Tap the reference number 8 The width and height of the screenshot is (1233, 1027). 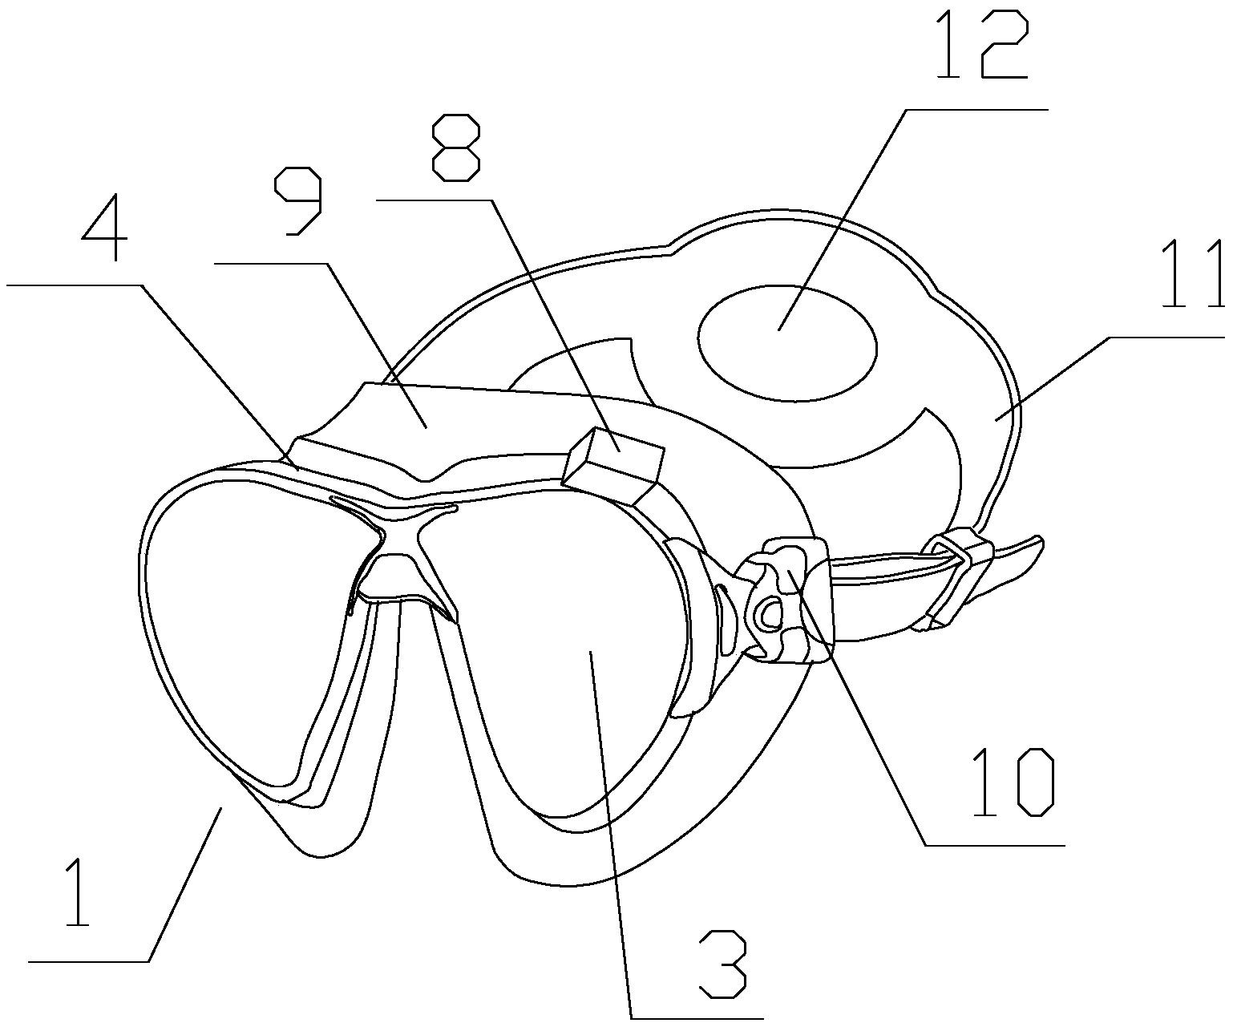(456, 146)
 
